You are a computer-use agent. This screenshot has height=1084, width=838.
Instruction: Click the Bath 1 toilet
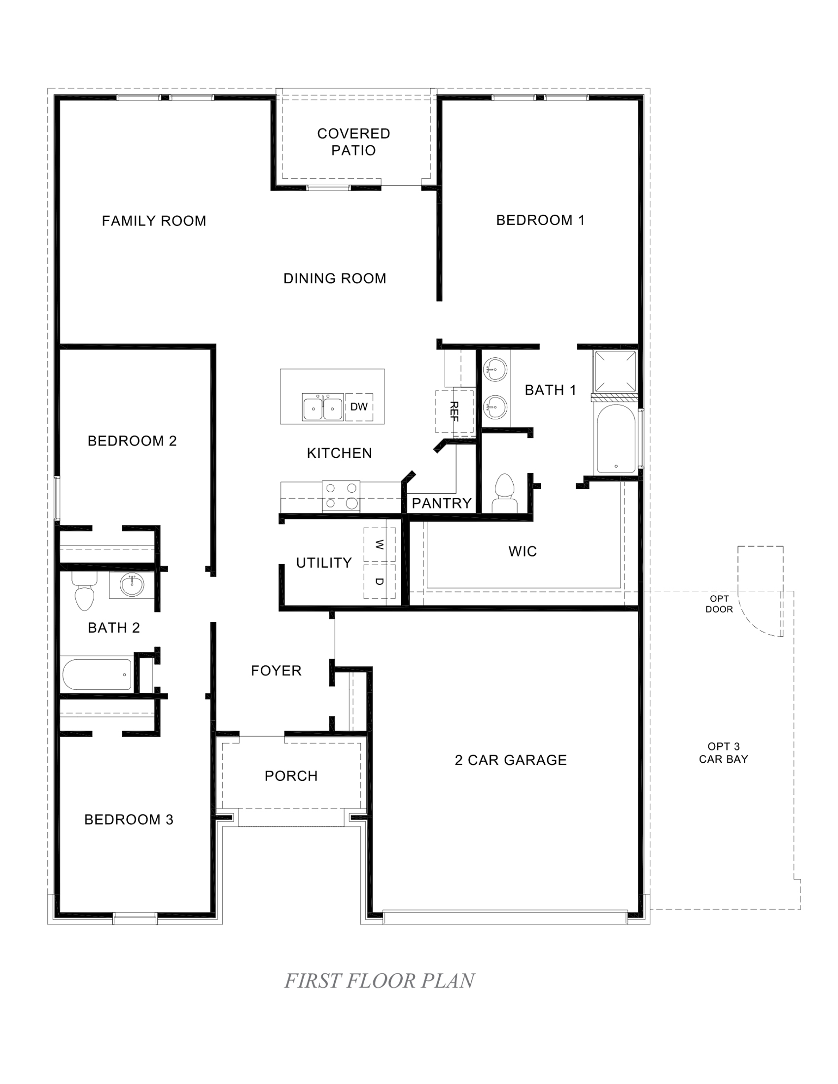pyautogui.click(x=504, y=493)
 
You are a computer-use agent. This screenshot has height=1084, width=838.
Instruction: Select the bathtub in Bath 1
pyautogui.click(x=616, y=439)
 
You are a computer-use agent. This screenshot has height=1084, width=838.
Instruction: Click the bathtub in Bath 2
pyautogui.click(x=97, y=674)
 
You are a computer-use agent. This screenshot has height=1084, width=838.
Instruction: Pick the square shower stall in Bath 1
pyautogui.click(x=615, y=371)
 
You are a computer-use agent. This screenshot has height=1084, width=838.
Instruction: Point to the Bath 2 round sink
pyautogui.click(x=132, y=585)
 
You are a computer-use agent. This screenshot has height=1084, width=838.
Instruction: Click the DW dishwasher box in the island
pyautogui.click(x=358, y=407)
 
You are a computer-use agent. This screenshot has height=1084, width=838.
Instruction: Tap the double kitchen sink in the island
pyautogui.click(x=323, y=408)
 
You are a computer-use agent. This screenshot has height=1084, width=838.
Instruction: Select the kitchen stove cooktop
pyautogui.click(x=341, y=496)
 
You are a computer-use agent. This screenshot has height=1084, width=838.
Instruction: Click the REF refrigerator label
pyautogui.click(x=454, y=411)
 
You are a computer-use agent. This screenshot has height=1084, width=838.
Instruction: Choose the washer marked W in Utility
pyautogui.click(x=379, y=544)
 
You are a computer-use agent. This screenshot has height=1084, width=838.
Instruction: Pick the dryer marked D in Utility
pyautogui.click(x=379, y=581)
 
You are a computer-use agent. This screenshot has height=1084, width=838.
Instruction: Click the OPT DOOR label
pyautogui.click(x=719, y=604)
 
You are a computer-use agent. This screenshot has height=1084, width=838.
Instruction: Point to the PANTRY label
pyautogui.click(x=441, y=503)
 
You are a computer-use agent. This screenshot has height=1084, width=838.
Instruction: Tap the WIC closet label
pyautogui.click(x=522, y=551)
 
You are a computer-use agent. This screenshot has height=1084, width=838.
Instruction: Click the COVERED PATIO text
pyautogui.click(x=353, y=142)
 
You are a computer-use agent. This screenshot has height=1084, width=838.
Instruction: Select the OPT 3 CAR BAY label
pyautogui.click(x=723, y=752)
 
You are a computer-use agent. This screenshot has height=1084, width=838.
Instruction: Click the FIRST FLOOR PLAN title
pyautogui.click(x=379, y=981)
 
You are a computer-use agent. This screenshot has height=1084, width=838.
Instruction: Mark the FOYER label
pyautogui.click(x=276, y=671)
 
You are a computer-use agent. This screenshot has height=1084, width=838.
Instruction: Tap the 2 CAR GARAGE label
pyautogui.click(x=510, y=760)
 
